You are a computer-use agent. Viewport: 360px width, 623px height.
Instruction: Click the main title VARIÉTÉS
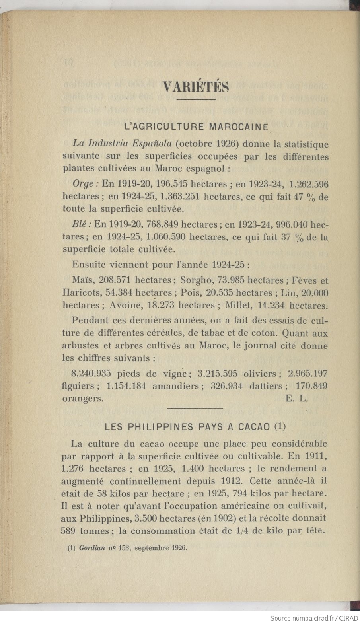point(196,86)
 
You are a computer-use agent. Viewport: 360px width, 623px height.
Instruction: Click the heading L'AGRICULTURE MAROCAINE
point(197,127)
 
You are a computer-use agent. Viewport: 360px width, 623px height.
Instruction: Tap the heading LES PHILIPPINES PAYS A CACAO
point(195,426)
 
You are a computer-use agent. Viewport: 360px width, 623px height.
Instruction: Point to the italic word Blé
point(82,225)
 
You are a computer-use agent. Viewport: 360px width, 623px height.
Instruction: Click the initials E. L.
point(297,399)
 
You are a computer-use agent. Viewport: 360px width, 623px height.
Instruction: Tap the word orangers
point(83,399)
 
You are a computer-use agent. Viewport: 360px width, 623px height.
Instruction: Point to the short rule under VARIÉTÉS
point(196,99)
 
